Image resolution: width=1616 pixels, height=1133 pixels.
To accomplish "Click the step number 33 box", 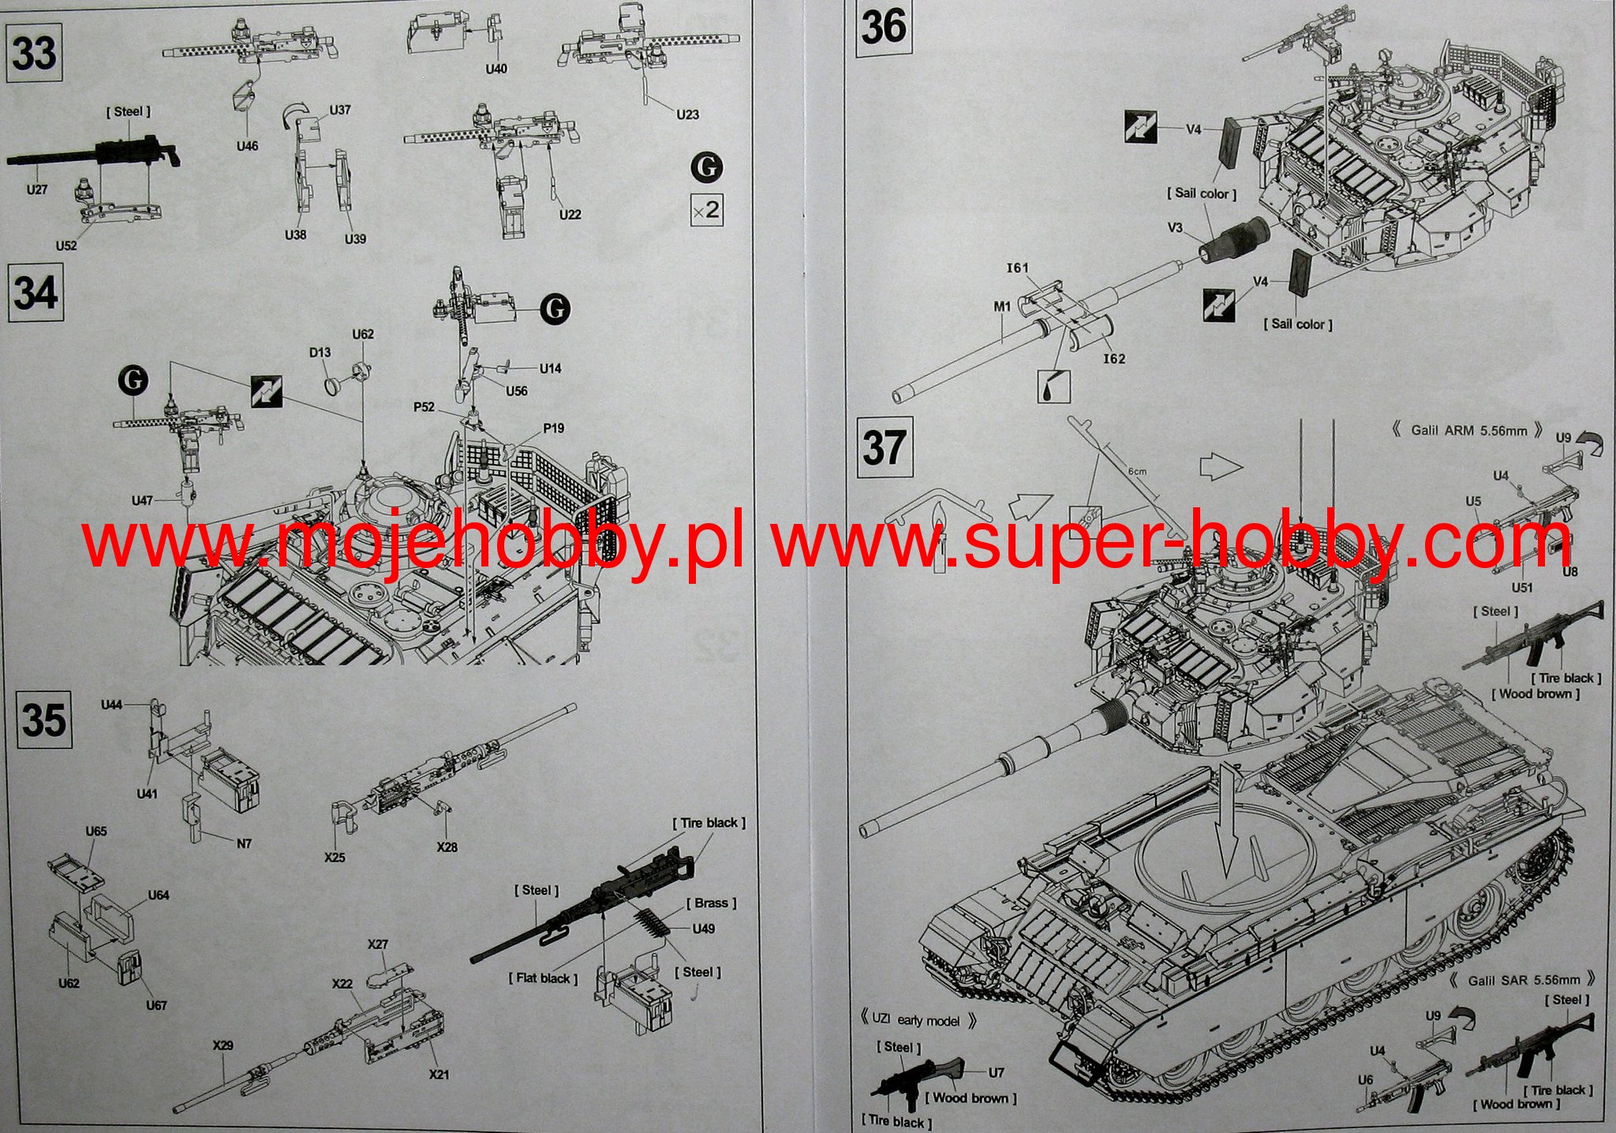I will click(x=36, y=53).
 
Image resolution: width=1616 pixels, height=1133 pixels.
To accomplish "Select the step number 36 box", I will click(x=884, y=28).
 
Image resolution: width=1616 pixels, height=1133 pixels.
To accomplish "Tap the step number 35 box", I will click(x=44, y=720).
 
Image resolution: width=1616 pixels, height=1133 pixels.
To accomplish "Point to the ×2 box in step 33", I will click(x=706, y=210).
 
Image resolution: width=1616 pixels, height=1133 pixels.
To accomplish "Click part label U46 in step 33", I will click(x=247, y=146).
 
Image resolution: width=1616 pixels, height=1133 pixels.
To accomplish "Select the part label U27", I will click(x=37, y=190).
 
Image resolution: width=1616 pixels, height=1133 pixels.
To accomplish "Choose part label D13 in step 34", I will click(x=320, y=353).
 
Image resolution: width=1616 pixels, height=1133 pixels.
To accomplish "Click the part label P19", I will click(x=553, y=428).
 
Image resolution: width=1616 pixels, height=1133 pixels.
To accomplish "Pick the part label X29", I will click(x=223, y=1045).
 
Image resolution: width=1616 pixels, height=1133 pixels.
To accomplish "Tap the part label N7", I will click(x=244, y=843).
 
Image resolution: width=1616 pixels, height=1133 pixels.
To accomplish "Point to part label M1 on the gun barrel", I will click(x=1002, y=306).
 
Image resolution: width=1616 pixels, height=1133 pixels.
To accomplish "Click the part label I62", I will click(x=1114, y=359).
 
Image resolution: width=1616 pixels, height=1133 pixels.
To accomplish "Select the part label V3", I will click(x=1175, y=228).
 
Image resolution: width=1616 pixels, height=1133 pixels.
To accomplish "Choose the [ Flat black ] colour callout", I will click(x=544, y=978).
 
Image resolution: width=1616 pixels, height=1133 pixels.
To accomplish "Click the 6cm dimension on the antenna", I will click(x=1136, y=472).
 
